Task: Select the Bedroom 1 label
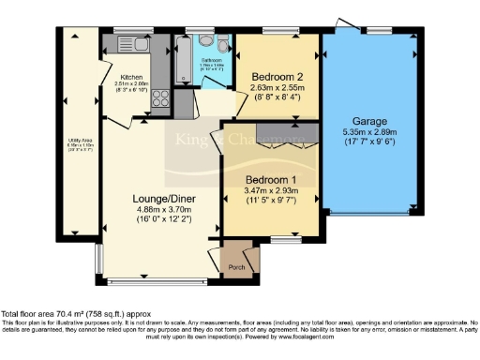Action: coord(270,178)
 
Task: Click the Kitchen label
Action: coord(130,76)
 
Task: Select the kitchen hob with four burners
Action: coord(157,96)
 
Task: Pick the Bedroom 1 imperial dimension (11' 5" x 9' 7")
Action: coord(270,201)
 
